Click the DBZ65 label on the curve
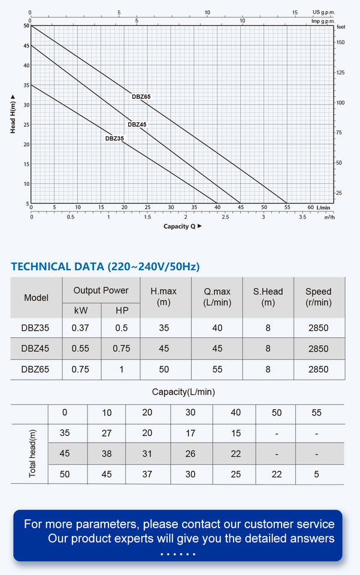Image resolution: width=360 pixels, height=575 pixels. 141,97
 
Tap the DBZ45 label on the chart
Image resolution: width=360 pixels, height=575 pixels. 137,125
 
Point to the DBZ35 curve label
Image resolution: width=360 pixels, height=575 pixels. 114,138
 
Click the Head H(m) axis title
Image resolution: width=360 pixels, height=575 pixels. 13,114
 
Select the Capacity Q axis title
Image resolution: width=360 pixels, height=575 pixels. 183,226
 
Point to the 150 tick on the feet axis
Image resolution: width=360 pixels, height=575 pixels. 341,43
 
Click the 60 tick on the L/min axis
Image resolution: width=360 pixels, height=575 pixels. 310,207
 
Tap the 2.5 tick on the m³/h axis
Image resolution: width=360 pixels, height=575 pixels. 225,217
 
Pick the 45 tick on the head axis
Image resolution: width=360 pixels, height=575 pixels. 26,46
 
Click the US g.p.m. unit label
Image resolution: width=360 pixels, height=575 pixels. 323,13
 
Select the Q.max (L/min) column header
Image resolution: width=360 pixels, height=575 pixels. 217,297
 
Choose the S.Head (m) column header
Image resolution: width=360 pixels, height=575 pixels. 268,297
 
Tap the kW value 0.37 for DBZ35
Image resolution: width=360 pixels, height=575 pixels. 80,328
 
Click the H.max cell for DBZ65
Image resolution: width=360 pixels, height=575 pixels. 164,370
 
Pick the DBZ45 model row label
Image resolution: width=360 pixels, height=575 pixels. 35,349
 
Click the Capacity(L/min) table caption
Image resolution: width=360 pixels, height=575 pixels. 183,392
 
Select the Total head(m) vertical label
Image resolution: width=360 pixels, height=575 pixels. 32,453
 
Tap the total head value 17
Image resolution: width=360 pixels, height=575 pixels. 190,433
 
